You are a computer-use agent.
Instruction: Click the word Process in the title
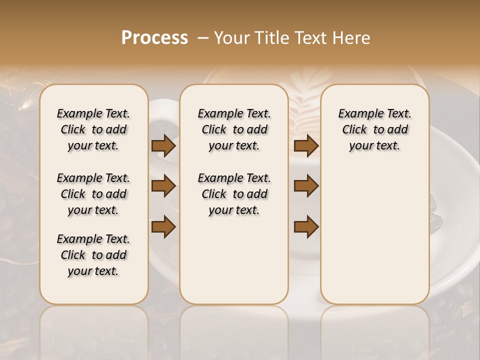tap(154, 38)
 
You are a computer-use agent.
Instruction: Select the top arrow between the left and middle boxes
tap(163, 146)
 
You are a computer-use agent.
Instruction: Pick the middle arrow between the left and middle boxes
tap(163, 186)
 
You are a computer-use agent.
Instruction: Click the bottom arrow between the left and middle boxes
tap(163, 226)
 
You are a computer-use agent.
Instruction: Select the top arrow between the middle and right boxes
tap(306, 146)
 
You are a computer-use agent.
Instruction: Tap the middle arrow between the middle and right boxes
tap(306, 186)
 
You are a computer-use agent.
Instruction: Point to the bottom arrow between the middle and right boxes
tap(306, 226)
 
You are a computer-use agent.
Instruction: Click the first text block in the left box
tap(93, 129)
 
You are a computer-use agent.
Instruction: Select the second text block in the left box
tap(93, 194)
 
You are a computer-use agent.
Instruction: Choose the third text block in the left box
tap(93, 255)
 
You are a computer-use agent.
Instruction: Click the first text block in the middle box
tap(234, 129)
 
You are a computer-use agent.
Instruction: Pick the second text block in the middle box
tap(234, 194)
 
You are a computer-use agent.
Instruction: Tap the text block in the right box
tap(374, 129)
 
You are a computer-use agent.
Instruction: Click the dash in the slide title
tap(202, 38)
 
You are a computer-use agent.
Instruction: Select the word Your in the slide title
tap(233, 38)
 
